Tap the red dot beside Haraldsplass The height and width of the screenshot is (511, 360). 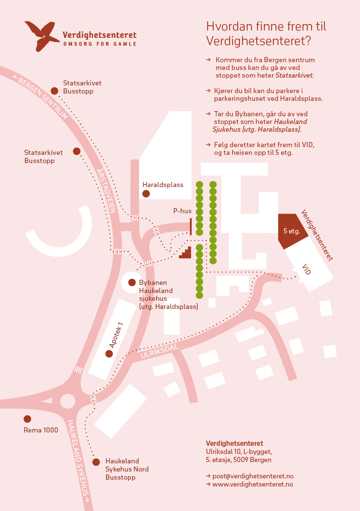pyautogui.click(x=146, y=194)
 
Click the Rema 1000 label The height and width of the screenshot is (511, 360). pyautogui.click(x=41, y=430)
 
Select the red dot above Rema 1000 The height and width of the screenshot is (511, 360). pyautogui.click(x=27, y=419)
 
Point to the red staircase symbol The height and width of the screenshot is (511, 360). pyautogui.click(x=185, y=253)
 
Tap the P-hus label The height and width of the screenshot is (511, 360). pyautogui.click(x=182, y=211)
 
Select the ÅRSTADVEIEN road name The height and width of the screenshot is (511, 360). pyautogui.click(x=106, y=191)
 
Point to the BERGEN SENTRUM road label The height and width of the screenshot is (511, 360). pyautogui.click(x=41, y=97)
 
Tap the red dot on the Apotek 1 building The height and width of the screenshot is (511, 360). pyautogui.click(x=109, y=354)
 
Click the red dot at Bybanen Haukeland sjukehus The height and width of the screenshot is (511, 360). pyautogui.click(x=132, y=283)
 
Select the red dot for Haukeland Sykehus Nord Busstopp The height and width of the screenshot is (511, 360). pyautogui.click(x=96, y=462)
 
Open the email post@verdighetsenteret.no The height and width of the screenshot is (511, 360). pyautogui.click(x=253, y=476)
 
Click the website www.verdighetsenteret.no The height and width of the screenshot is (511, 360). pyautogui.click(x=252, y=484)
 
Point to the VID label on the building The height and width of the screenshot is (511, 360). pyautogui.click(x=306, y=269)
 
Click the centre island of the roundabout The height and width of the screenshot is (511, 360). pyautogui.click(x=68, y=401)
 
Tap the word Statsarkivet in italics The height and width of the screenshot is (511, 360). pyautogui.click(x=294, y=75)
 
